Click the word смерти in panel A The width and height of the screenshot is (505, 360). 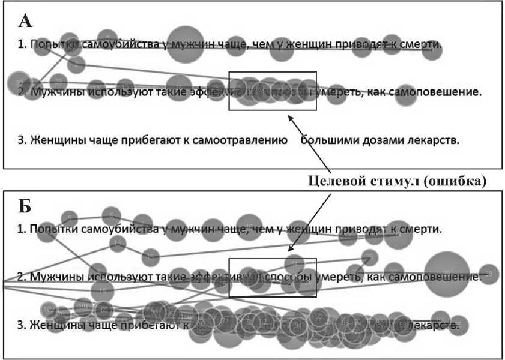[422, 44]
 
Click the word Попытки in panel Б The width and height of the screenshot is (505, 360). [53, 229]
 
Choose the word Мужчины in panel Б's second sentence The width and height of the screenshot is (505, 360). [57, 277]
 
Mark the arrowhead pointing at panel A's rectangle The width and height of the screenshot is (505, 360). [290, 118]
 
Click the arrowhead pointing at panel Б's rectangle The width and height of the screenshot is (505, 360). [289, 250]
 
